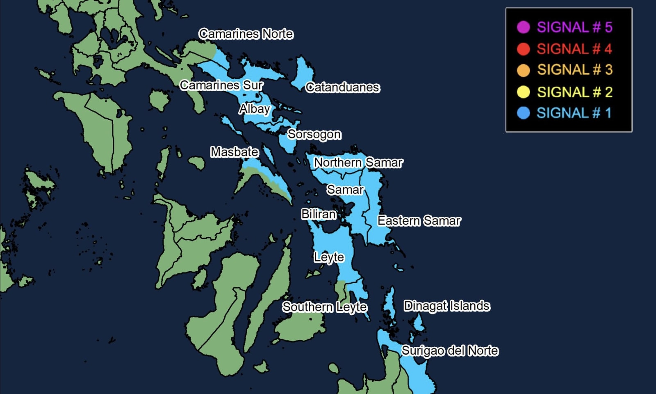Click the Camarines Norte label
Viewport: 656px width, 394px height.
coord(246,34)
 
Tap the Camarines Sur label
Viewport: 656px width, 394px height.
coord(221,85)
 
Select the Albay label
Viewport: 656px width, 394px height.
coord(255,109)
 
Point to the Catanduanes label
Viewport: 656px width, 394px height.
coord(343,87)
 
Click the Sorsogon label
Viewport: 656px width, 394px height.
coord(314,134)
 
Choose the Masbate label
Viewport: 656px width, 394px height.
coord(235,152)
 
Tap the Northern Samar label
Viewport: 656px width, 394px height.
coord(358,163)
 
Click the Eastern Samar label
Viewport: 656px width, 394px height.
coord(419,221)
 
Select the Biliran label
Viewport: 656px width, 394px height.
coord(319,214)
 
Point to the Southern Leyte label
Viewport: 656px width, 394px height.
coord(324,307)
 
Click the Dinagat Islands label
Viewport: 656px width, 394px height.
coord(446,306)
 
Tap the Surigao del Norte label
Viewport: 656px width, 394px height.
coord(450,350)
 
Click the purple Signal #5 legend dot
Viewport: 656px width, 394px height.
coord(523,27)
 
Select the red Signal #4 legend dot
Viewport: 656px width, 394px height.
coord(523,49)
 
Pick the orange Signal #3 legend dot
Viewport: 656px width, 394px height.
coord(523,70)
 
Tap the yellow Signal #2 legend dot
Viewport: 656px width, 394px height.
coord(523,92)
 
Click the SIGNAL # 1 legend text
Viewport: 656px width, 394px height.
coord(574,113)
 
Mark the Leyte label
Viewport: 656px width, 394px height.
coord(329,257)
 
